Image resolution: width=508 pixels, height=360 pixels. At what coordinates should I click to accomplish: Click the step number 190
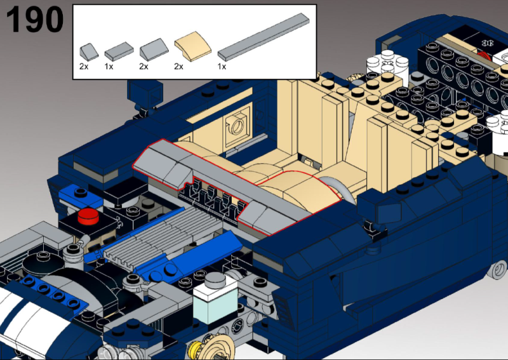[35, 20]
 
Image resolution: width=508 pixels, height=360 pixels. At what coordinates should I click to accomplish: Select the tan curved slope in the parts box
[193, 46]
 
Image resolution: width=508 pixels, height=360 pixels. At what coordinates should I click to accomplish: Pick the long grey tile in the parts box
[264, 37]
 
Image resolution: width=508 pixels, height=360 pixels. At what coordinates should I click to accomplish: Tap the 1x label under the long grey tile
[222, 67]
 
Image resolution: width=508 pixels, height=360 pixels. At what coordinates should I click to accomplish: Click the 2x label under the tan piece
[178, 67]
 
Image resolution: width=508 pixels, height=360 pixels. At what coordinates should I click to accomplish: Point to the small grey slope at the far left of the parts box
[89, 52]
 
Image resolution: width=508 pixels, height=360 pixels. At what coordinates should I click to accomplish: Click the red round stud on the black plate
[88, 216]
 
